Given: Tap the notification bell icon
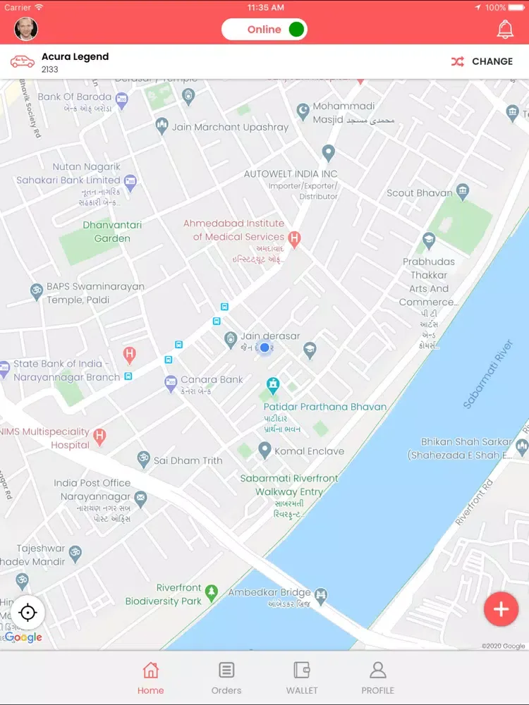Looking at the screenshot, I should tap(505, 30).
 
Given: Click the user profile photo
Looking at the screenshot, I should tap(26, 29).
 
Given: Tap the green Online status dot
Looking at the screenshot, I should tap(296, 30).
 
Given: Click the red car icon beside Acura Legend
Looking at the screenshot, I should tap(23, 61).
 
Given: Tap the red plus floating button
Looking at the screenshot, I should tap(501, 610).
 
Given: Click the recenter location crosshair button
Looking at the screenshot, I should tap(28, 612).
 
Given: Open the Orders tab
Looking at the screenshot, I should tap(226, 678).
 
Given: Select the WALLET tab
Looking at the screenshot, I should tap(302, 678).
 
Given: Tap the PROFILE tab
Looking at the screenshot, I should tap(378, 678).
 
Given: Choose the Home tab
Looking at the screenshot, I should tap(150, 678).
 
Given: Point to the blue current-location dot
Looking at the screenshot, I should tap(264, 348).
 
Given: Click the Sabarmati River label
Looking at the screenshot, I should tap(487, 374).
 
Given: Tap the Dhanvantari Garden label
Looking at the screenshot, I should tap(112, 231).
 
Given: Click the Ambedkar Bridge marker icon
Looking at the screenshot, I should tap(322, 594).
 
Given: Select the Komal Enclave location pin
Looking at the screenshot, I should tap(264, 449).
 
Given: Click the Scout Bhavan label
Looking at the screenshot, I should tap(420, 192).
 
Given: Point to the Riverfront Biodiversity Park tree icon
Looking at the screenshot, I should tap(212, 594).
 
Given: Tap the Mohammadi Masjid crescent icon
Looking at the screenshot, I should tap(303, 111).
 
